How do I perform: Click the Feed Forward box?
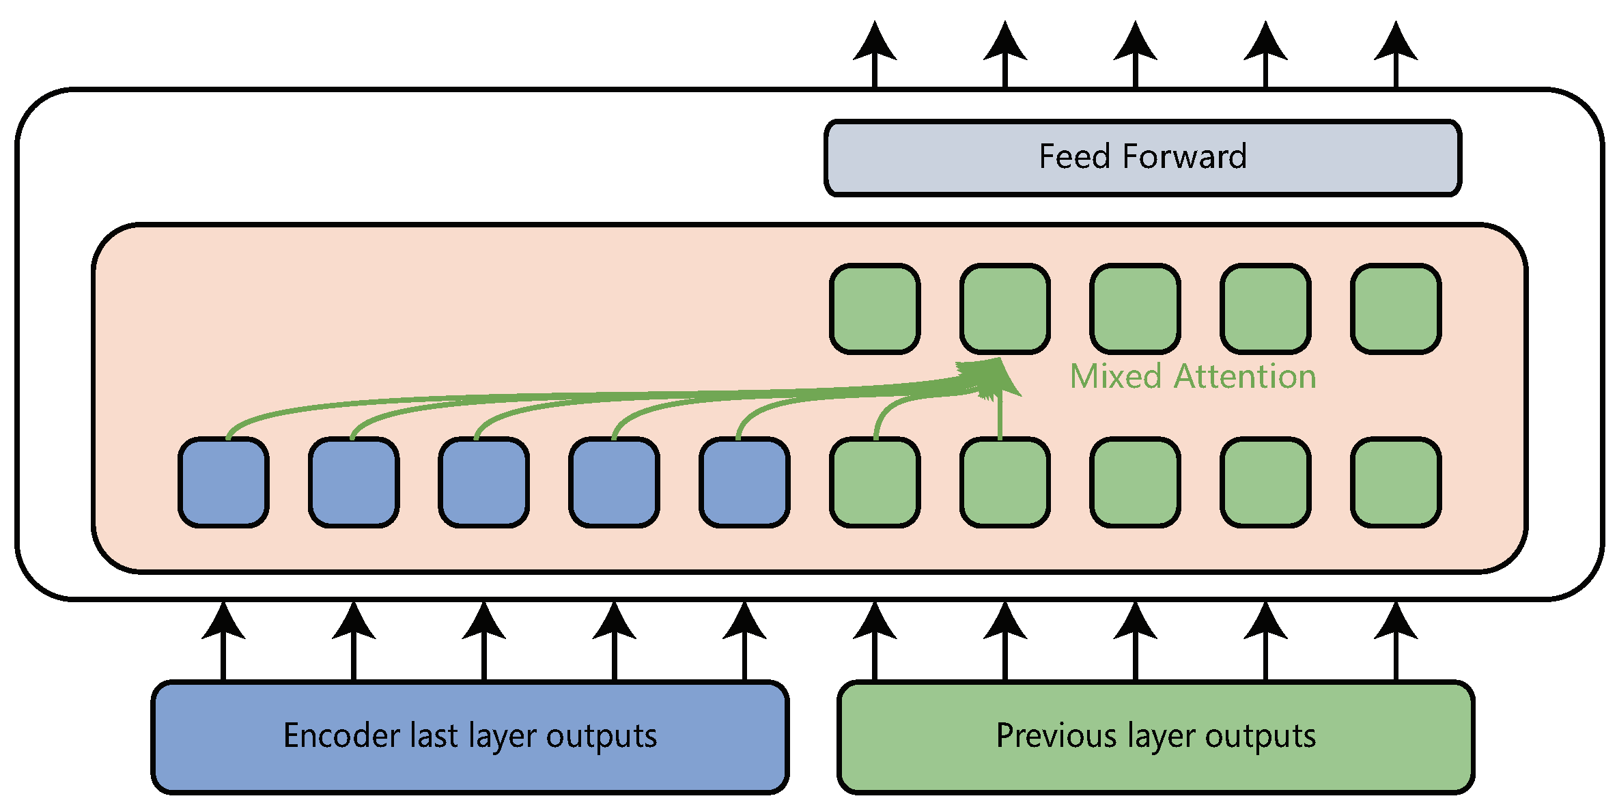point(1142,158)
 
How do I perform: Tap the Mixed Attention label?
point(1192,377)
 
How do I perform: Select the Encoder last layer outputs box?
point(470,737)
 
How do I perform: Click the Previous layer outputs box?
point(1155,737)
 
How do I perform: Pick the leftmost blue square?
point(223,483)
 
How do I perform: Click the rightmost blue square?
point(744,483)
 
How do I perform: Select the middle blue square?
point(483,483)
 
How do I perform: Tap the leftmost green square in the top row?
point(875,309)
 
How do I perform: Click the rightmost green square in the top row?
point(1396,309)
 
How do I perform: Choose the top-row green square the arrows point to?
point(1005,309)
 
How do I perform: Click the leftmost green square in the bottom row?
point(875,483)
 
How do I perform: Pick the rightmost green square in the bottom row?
point(1396,483)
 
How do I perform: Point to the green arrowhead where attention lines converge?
point(994,376)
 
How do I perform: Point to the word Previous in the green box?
point(1056,736)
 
